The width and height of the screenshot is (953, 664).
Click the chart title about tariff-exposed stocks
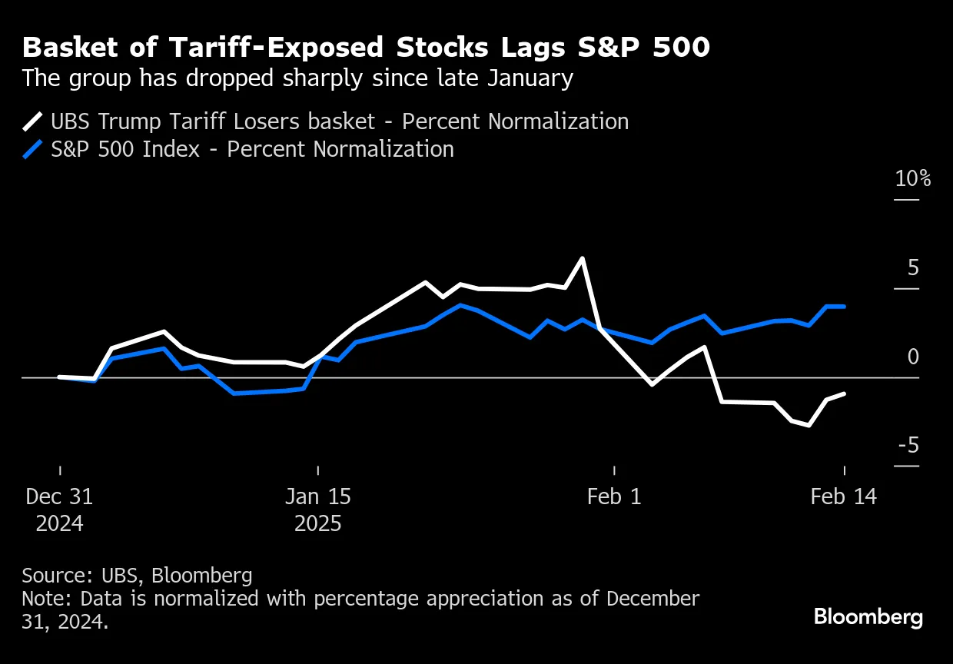[366, 48]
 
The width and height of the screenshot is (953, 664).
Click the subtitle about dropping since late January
[297, 78]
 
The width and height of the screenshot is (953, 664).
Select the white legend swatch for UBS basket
[34, 121]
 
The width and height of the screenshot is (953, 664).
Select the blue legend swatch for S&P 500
[34, 148]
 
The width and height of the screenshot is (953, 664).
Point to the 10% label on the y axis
[912, 179]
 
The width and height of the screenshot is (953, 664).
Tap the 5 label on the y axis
[913, 268]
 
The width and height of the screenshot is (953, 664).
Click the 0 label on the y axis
[913, 357]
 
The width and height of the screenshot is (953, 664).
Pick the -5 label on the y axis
[908, 446]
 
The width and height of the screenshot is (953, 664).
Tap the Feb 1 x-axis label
[613, 496]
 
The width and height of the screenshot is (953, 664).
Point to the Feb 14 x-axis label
[843, 496]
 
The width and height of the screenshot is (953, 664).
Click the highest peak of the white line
[582, 258]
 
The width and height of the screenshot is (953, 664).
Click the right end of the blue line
[845, 306]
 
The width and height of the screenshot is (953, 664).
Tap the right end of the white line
[845, 393]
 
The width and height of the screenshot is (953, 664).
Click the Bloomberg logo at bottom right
[868, 617]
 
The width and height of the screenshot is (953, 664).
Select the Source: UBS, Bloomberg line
[137, 576]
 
